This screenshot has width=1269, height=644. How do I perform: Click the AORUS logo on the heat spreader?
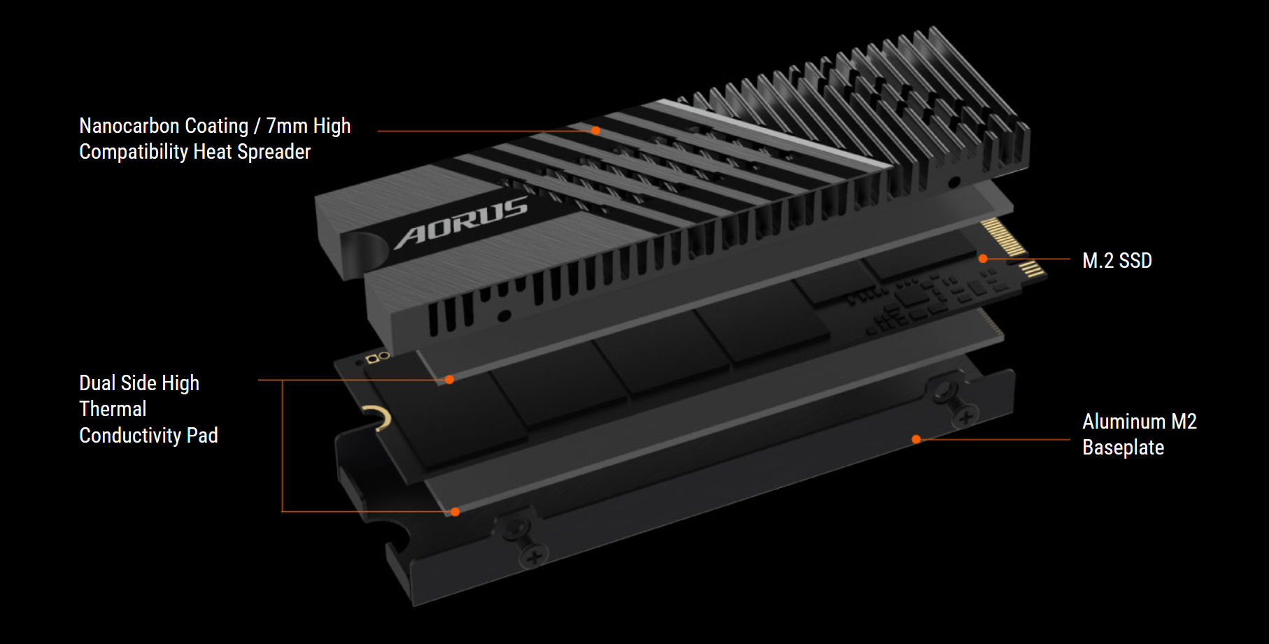(x=462, y=221)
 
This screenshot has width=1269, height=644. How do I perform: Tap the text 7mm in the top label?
(x=287, y=126)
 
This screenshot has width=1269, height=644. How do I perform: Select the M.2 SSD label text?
(x=1116, y=261)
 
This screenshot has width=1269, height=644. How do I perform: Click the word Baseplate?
(x=1123, y=448)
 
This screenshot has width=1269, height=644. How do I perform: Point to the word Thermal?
(x=113, y=409)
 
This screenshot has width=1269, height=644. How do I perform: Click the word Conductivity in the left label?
(x=130, y=436)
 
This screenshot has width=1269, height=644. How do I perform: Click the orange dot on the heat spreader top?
(x=595, y=131)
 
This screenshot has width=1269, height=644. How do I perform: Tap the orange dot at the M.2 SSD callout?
(x=983, y=259)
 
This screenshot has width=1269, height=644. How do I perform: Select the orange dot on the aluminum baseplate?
(x=916, y=439)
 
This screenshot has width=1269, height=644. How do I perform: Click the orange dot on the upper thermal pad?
(x=450, y=380)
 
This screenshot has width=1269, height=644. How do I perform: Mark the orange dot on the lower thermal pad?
(x=455, y=512)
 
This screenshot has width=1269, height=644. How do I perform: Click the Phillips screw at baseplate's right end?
(x=965, y=417)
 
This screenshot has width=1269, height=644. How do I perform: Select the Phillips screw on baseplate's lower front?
(x=533, y=557)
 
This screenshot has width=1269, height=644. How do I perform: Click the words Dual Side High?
(x=139, y=383)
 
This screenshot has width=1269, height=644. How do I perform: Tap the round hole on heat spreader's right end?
(x=953, y=183)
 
